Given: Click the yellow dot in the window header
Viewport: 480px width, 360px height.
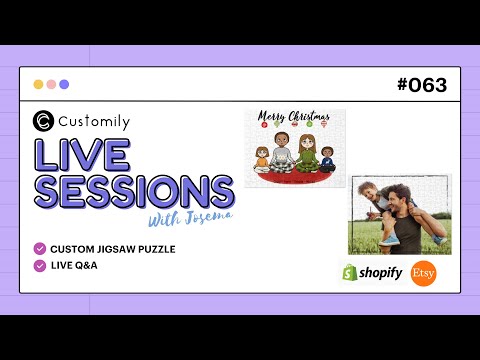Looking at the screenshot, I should pyautogui.click(x=38, y=85).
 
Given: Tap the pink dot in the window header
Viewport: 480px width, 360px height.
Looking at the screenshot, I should pyautogui.click(x=51, y=85).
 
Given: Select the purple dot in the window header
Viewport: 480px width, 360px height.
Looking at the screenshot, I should pyautogui.click(x=64, y=85).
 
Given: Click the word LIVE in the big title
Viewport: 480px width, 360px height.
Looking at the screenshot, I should pyautogui.click(x=83, y=156).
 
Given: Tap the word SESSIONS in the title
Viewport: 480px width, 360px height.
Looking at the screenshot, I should pyautogui.click(x=135, y=191).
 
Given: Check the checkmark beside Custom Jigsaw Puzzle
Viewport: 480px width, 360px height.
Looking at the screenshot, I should pyautogui.click(x=40, y=248).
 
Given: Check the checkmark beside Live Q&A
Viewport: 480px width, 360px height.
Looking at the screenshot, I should pyautogui.click(x=40, y=265).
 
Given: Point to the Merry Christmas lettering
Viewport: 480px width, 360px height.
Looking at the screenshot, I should pyautogui.click(x=287, y=117).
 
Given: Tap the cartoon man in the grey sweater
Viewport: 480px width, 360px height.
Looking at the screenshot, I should pyautogui.click(x=280, y=152).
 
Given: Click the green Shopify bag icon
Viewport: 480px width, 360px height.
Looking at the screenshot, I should pyautogui.click(x=350, y=272).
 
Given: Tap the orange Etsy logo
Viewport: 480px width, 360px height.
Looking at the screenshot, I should pyautogui.click(x=424, y=273).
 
